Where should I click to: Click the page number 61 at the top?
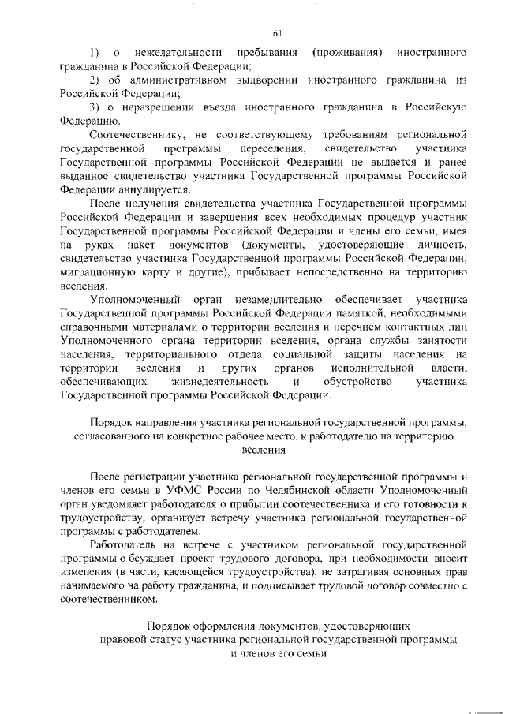[x=277, y=32]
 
